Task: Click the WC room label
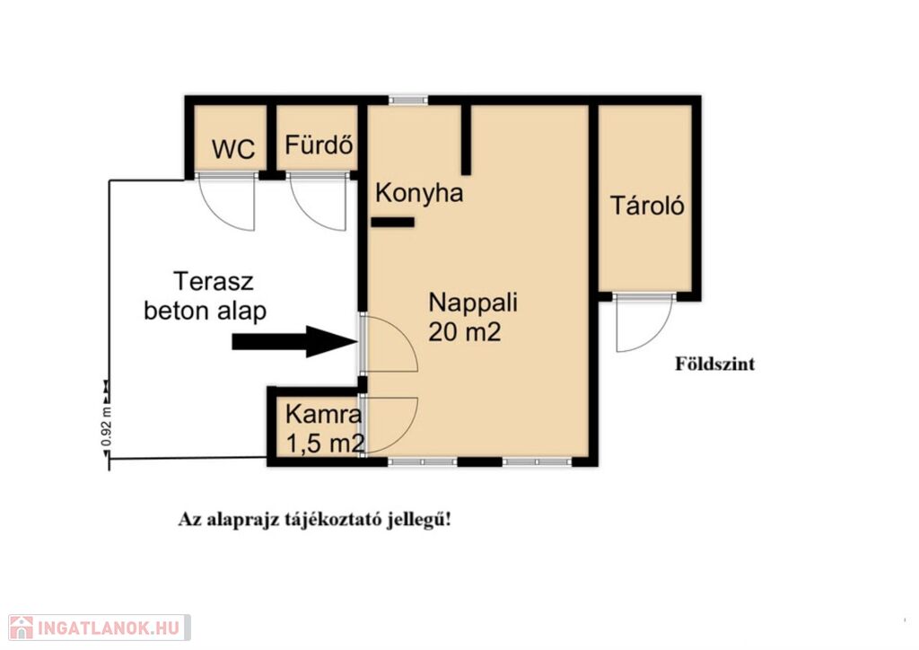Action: tap(233, 149)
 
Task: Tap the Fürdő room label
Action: tap(319, 144)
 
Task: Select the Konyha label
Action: tap(419, 193)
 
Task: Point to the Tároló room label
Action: tap(647, 205)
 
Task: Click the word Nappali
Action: tap(473, 303)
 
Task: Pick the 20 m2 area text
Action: tap(465, 332)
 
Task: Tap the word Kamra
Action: tap(323, 415)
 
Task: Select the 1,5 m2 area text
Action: tap(325, 444)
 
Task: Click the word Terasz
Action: tap(214, 281)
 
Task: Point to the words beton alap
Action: tap(206, 311)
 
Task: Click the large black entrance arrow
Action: tap(294, 341)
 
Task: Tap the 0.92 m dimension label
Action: tap(106, 426)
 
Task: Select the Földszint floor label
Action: tap(715, 364)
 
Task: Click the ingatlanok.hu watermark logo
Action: tap(100, 628)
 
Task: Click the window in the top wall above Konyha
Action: tap(408, 101)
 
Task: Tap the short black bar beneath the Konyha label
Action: tap(393, 222)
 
